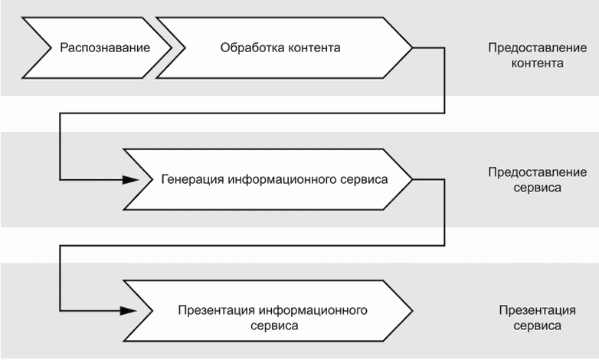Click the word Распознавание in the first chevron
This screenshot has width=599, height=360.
[105, 48]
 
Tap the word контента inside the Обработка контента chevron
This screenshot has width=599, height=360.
[314, 48]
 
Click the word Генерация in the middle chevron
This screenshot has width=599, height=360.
[192, 179]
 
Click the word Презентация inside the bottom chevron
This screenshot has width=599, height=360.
[216, 310]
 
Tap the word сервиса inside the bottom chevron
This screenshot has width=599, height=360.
[274, 326]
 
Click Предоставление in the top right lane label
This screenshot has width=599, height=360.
[538, 47]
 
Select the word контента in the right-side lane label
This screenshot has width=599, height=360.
[538, 63]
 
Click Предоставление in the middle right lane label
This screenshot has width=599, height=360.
[538, 172]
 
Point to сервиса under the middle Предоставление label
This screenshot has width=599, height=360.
[538, 188]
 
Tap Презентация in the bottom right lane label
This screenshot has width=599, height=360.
[538, 310]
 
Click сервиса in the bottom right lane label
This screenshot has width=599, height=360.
[538, 326]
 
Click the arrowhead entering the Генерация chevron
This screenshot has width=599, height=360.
[131, 179]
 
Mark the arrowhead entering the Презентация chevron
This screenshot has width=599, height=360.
[129, 311]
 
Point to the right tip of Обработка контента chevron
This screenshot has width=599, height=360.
[413, 47]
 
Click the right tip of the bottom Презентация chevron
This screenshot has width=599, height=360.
[413, 311]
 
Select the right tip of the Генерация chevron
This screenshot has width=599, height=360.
[413, 179]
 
